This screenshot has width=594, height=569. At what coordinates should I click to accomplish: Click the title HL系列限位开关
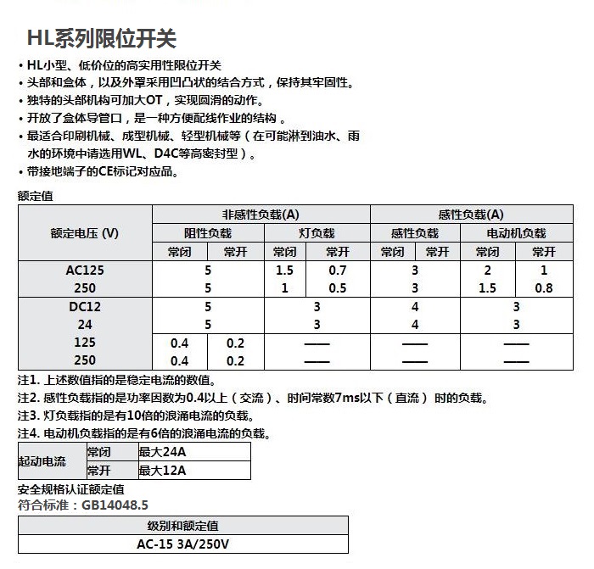pos(102,39)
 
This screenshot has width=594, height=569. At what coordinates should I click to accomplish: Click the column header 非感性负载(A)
pos(261,215)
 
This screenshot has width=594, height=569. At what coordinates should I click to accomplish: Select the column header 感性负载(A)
pos(470,215)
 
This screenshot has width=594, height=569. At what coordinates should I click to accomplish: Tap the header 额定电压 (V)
pos(85,233)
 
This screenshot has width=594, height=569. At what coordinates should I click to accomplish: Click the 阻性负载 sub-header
pos(208,233)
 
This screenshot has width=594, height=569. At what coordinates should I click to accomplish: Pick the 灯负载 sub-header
pos(317,233)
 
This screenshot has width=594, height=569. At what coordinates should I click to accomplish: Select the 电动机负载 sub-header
pos(516,233)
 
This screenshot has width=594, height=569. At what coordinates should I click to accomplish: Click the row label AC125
pos(85,271)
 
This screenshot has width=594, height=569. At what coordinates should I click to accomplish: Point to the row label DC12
pos(85,307)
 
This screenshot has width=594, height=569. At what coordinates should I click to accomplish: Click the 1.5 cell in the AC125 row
pos(285,271)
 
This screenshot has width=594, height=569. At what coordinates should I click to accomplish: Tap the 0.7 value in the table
pos(338,271)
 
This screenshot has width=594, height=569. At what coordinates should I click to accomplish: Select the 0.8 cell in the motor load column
pos(543,288)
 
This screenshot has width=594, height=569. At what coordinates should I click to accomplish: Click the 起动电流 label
pos(42,462)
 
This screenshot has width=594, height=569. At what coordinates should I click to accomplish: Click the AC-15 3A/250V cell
pos(183,544)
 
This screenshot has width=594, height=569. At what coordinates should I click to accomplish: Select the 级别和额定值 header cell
pos(183,526)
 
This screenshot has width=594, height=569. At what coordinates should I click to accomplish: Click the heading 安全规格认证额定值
pos(71,489)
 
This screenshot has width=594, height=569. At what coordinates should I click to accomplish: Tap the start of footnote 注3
pos(28,416)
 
